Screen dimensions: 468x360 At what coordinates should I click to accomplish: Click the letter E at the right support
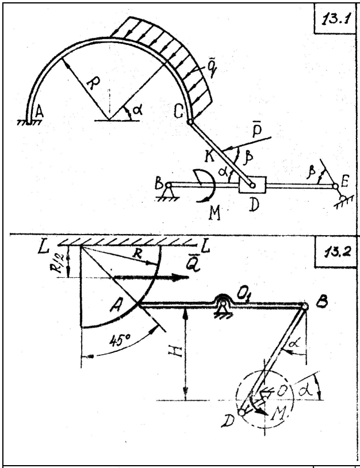[x=343, y=183]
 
